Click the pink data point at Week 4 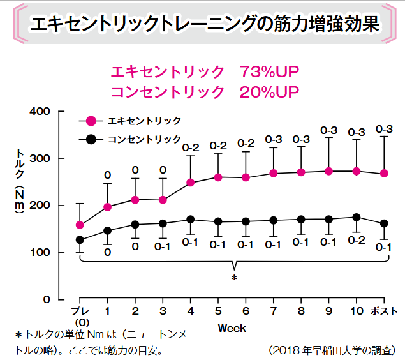[x=191, y=183]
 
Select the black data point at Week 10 [x=357, y=217]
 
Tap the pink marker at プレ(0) [x=80, y=225]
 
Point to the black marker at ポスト [x=384, y=223]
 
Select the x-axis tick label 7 [x=273, y=311]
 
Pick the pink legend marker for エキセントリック [x=91, y=121]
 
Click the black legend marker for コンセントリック [x=91, y=139]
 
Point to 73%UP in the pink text [x=270, y=71]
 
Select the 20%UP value [x=270, y=91]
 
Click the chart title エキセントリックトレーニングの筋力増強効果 [x=204, y=25]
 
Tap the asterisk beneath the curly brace [x=234, y=278]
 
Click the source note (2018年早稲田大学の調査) [x=332, y=350]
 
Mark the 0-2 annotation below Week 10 [x=357, y=241]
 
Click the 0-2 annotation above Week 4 [x=191, y=148]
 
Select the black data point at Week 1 [x=107, y=230]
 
